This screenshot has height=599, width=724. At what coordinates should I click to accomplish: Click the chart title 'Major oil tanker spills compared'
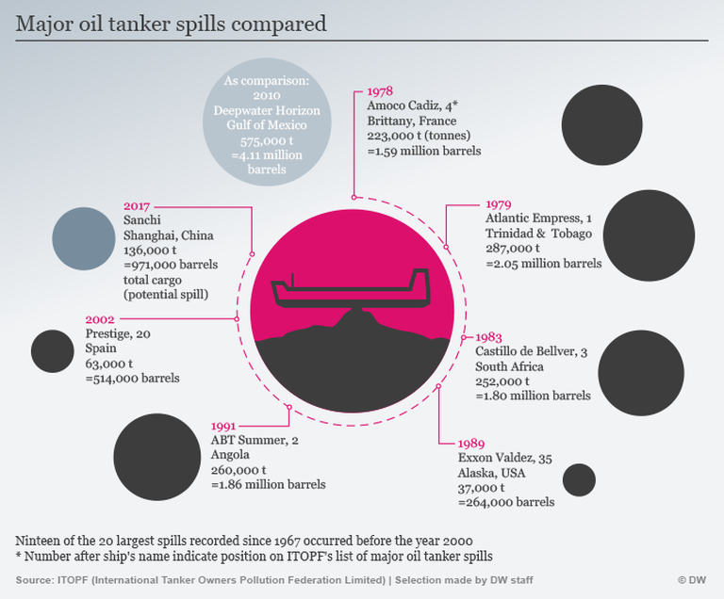coord(171,24)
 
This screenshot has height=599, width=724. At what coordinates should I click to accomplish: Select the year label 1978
coord(381,92)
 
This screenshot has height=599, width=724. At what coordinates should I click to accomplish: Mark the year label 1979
coord(499,203)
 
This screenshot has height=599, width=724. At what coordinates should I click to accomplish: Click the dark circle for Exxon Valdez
coord(579,479)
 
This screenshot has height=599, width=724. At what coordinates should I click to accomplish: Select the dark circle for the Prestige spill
coord(52,351)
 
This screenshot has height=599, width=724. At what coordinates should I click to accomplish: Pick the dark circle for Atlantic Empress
coord(649,235)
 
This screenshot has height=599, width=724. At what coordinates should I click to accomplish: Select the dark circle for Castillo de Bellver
coord(641,374)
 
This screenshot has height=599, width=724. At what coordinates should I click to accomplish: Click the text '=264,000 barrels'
coord(505,502)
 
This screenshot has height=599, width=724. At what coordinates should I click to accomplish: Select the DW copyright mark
coord(692,579)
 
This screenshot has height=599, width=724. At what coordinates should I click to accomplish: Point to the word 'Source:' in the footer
coord(35,579)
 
